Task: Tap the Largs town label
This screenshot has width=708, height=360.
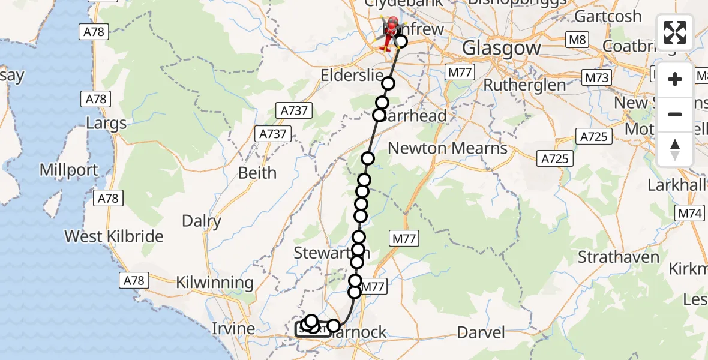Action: [x=107, y=124]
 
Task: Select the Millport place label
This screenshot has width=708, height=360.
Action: [x=69, y=170]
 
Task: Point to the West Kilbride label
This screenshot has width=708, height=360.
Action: [x=114, y=236]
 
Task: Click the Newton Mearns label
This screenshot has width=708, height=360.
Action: [x=448, y=148]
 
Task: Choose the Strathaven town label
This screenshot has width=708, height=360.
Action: [x=619, y=257]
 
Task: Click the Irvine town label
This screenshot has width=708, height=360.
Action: [x=233, y=329]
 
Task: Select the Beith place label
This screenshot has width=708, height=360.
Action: [x=257, y=173]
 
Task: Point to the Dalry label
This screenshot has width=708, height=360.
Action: [x=202, y=221]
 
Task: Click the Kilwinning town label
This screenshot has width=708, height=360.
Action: [x=215, y=282]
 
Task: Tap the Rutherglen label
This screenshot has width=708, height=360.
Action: [x=525, y=85]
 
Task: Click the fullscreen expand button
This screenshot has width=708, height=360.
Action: [x=675, y=32]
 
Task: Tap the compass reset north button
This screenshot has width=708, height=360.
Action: [x=675, y=149]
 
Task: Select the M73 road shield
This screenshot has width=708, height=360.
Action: [x=596, y=77]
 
